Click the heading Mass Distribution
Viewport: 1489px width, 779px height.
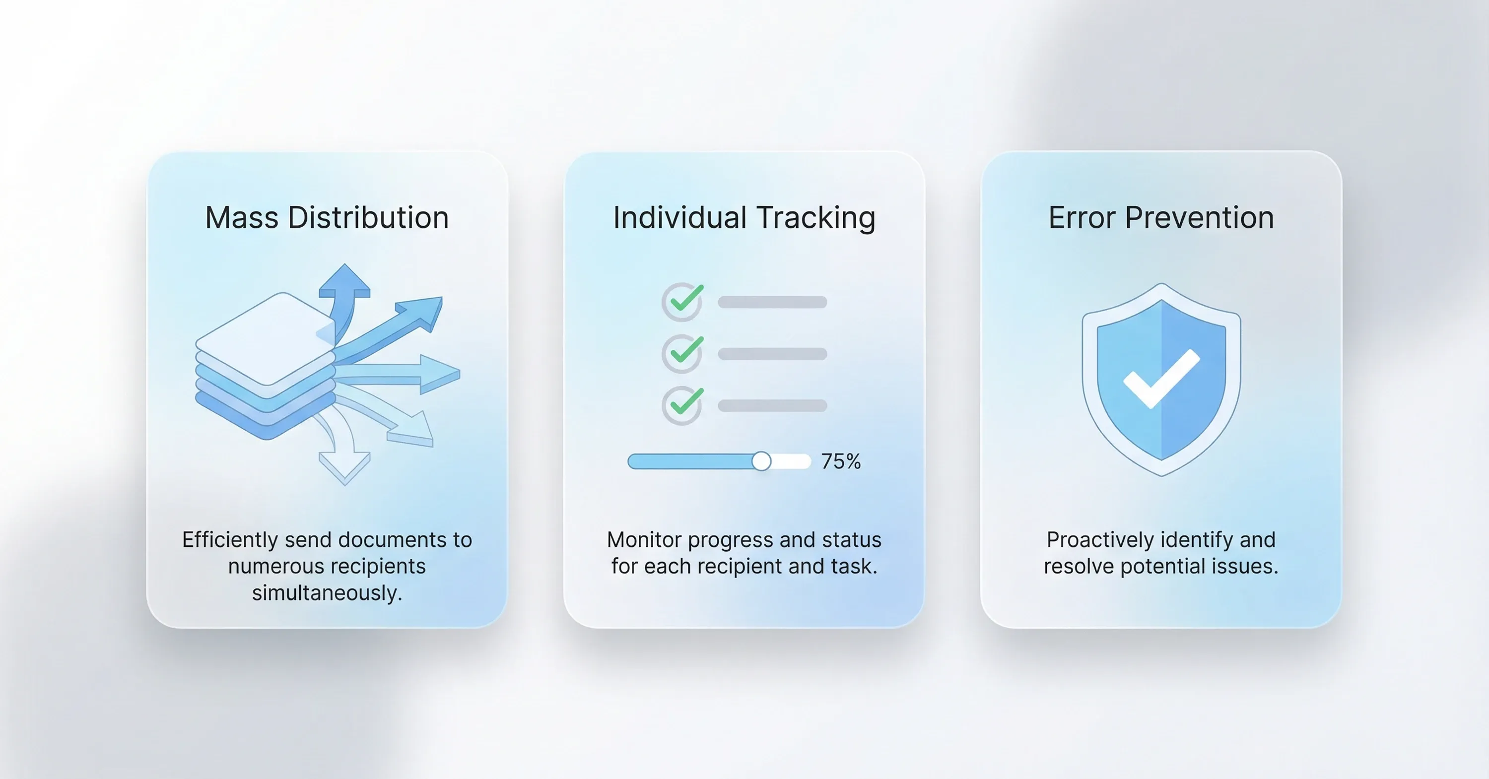(327, 217)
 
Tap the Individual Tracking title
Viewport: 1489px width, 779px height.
(744, 218)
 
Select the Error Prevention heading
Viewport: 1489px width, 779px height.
(1161, 217)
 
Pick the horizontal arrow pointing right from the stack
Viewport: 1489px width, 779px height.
(399, 374)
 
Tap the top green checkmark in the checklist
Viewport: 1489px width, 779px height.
(686, 299)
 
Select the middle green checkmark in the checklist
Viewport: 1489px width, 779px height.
(686, 350)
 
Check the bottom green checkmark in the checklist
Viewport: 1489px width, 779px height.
(686, 401)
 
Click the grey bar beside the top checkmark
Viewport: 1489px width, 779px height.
(772, 302)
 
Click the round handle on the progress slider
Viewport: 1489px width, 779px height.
(761, 461)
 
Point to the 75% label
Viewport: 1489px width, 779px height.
(841, 461)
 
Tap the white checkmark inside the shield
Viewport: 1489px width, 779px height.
(1161, 379)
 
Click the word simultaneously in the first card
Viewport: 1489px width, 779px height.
(327, 593)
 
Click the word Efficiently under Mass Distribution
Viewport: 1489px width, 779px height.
(230, 540)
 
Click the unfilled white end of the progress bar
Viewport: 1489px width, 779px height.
(791, 461)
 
